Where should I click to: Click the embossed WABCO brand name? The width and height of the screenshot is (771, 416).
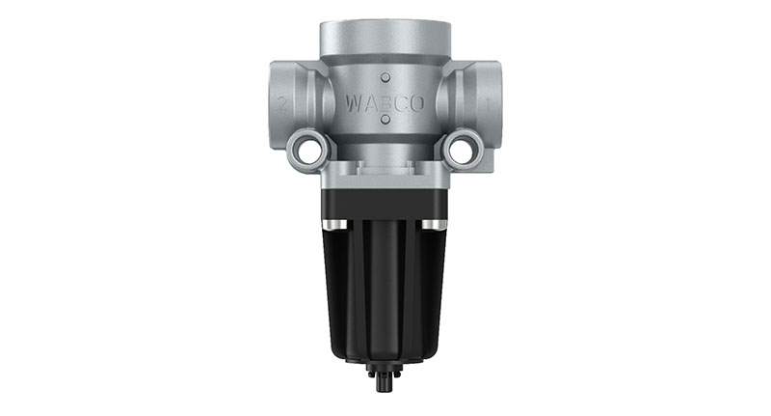384,99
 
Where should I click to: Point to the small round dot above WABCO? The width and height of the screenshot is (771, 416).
385,76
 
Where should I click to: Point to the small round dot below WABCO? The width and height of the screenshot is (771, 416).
385,121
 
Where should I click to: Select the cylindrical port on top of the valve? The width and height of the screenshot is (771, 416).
385,37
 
